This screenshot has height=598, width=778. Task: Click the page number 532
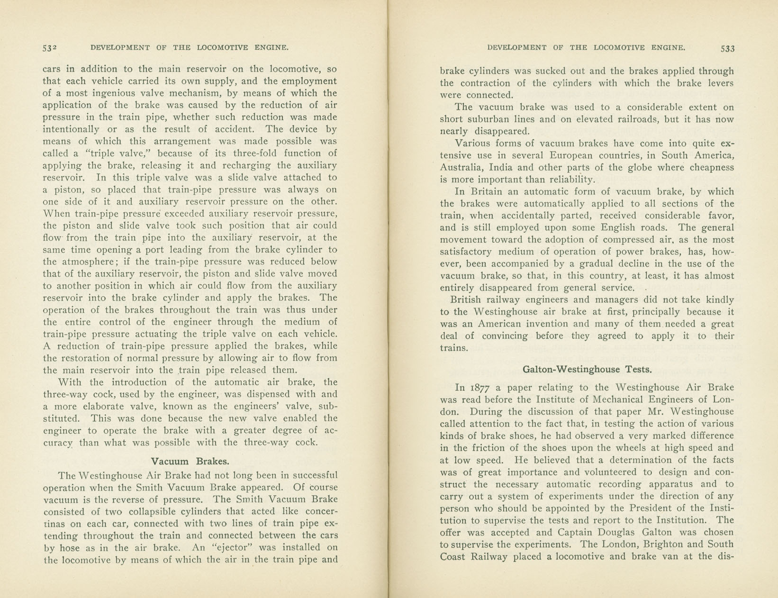click(49, 48)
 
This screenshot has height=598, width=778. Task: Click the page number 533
click(727, 48)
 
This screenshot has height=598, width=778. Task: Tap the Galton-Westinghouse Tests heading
click(587, 369)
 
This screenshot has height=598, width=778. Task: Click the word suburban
click(497, 119)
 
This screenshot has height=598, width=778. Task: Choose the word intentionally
click(71, 129)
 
